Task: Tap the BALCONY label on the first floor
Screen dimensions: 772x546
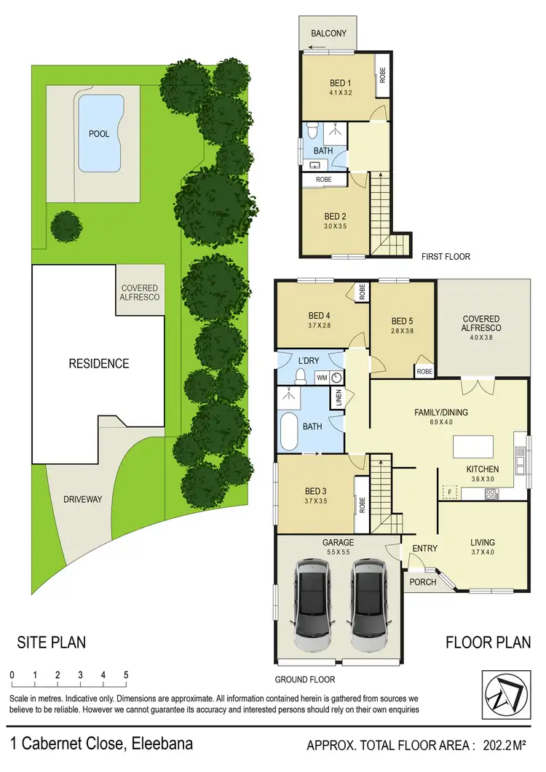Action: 329,34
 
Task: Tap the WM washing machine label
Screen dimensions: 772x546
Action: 322,378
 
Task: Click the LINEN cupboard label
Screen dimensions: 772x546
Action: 338,398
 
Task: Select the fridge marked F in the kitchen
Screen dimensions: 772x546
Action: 450,493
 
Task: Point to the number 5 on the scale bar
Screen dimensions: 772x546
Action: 126,675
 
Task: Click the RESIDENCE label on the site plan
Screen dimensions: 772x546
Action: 99,364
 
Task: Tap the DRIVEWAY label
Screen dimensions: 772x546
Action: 82,499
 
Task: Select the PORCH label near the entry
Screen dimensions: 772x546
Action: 423,581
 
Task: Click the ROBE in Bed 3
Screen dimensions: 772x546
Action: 361,505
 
